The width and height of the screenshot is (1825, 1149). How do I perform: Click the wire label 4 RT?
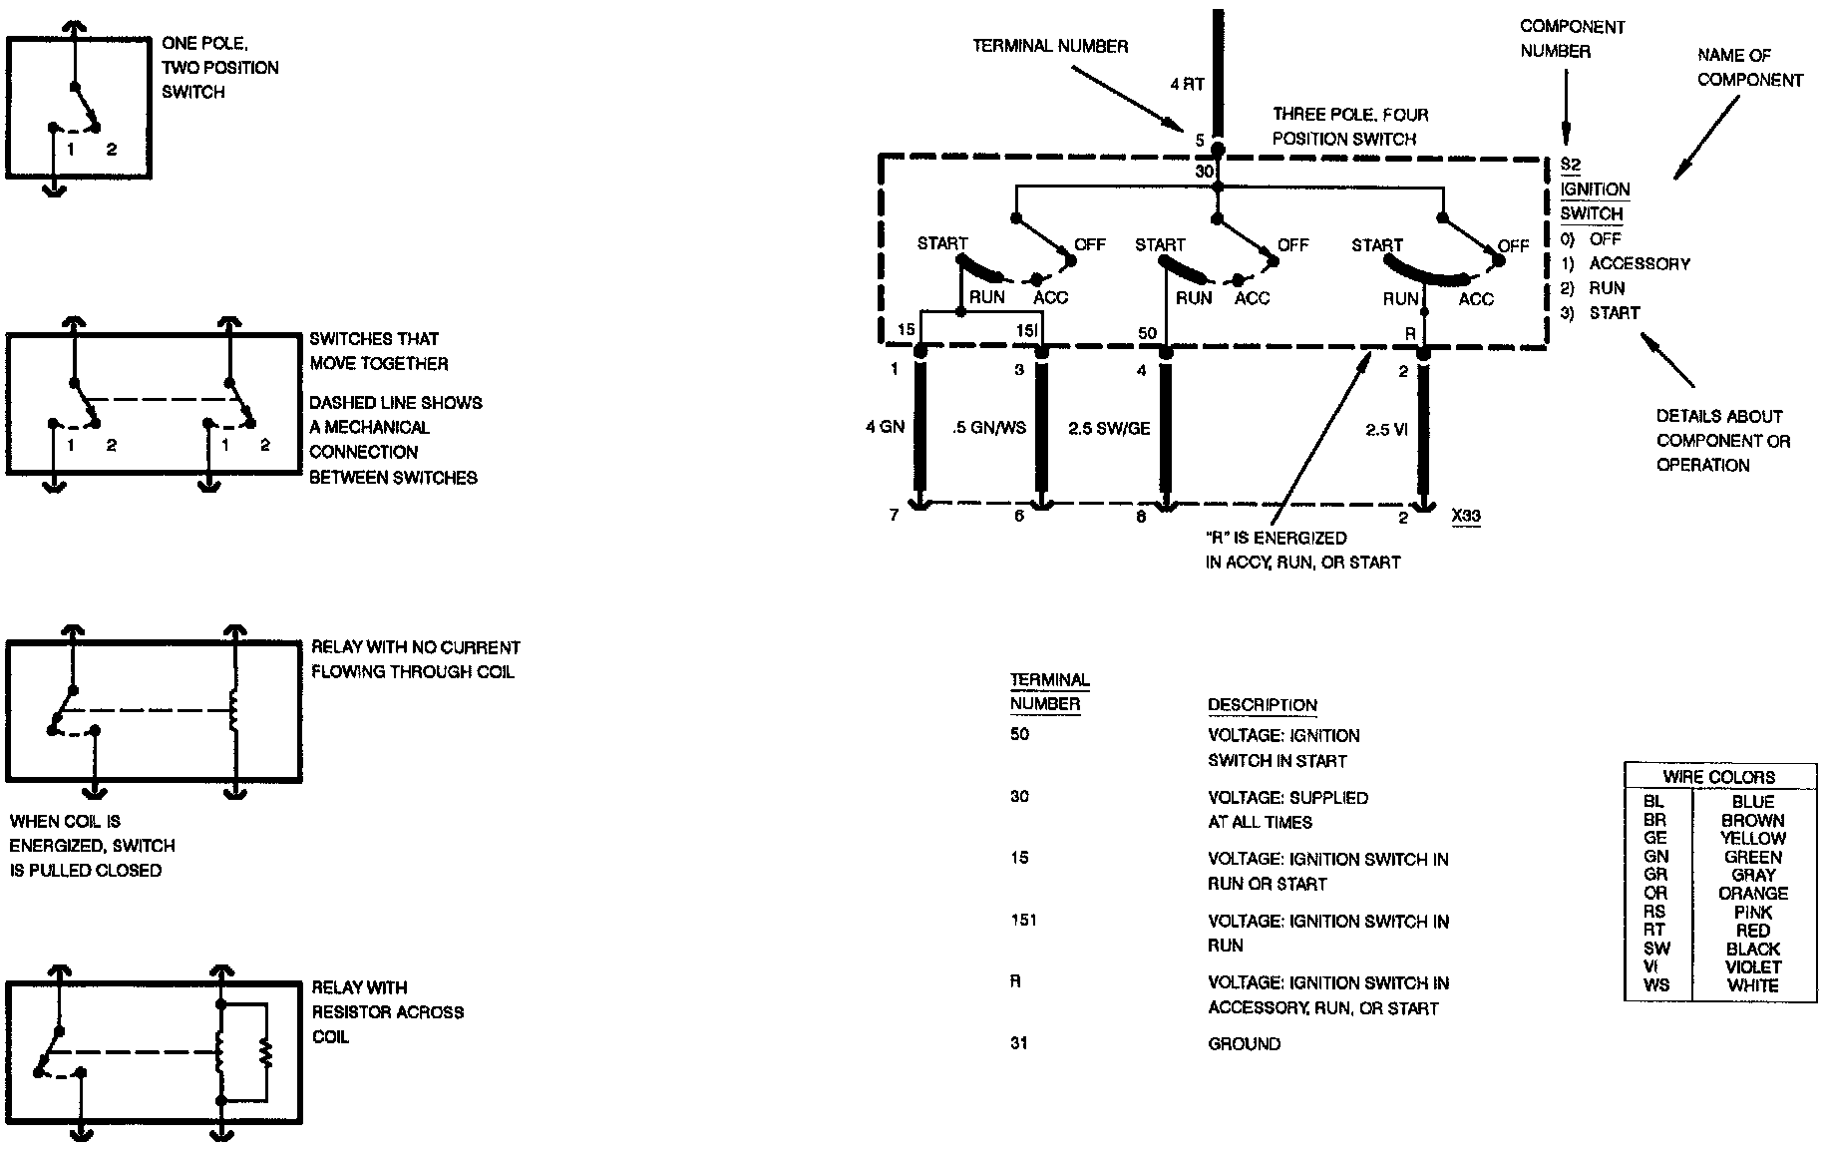[x=1187, y=85]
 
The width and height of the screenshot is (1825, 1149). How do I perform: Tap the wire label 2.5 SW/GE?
[x=1109, y=429]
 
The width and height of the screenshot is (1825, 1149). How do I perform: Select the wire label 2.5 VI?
[x=1386, y=430]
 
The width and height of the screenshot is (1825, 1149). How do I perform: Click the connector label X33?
[x=1466, y=517]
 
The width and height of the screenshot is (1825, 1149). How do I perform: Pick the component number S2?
[x=1570, y=166]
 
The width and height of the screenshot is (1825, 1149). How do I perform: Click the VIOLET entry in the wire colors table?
[x=1752, y=967]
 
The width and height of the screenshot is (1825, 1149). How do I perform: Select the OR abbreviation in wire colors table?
[x=1655, y=894]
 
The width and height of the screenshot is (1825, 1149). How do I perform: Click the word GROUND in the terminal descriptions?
[x=1244, y=1044]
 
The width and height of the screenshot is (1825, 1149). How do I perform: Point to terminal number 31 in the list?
[x=1019, y=1043]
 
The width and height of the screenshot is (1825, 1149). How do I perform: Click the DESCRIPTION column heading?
[x=1262, y=705]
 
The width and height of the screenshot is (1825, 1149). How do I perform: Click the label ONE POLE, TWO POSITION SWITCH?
[x=219, y=68]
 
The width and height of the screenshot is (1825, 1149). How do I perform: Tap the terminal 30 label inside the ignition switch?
[x=1205, y=173]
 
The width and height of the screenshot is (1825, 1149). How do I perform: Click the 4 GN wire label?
[x=885, y=428]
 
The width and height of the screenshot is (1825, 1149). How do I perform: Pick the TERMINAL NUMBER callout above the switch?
[x=1050, y=46]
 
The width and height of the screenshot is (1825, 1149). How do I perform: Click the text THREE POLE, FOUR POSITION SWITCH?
[x=1349, y=127]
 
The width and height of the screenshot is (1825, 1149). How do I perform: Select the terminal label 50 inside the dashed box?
[x=1147, y=332]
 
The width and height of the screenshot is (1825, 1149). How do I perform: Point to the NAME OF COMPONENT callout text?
[x=1749, y=67]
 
